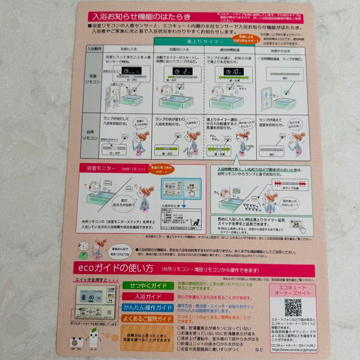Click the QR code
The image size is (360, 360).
click(x=292, y=307)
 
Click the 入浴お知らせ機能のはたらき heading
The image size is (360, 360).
click(x=142, y=17)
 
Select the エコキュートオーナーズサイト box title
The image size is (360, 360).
click(x=292, y=290)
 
